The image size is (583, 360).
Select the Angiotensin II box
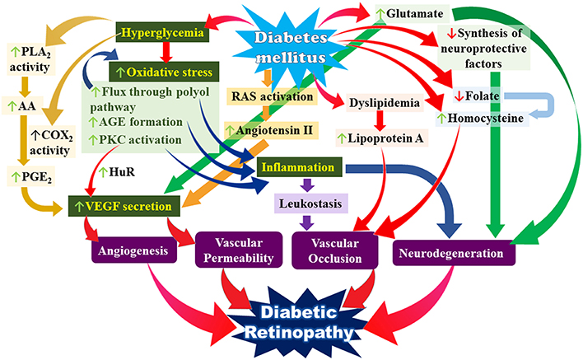click(269, 130)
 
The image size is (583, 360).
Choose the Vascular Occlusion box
click(336, 250)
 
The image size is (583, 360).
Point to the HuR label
click(114, 172)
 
